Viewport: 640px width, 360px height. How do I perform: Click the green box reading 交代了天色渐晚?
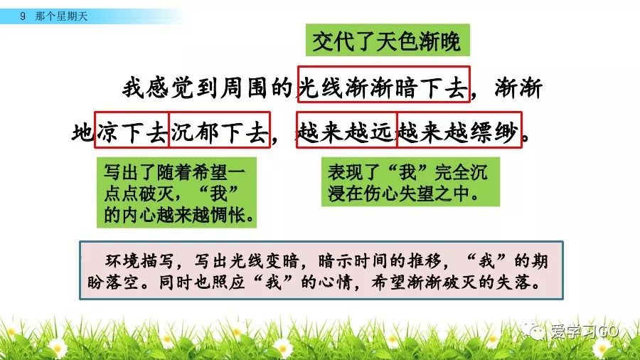coord(388,40)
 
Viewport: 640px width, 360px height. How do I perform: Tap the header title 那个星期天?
coord(61,16)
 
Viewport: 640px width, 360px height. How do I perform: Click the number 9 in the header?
coord(23,16)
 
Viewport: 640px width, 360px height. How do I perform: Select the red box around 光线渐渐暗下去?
coord(384,84)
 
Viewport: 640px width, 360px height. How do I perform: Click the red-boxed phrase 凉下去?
coord(132,129)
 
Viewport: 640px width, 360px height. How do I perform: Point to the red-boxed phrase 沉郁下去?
coord(219,129)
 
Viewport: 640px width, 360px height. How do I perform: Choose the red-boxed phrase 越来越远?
coord(346,129)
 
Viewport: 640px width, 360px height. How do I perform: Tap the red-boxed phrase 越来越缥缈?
coord(459,129)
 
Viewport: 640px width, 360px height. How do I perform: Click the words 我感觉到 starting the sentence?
coord(170,88)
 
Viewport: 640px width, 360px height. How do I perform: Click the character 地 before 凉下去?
coord(83,132)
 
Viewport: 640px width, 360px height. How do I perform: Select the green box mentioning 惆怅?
coord(177,193)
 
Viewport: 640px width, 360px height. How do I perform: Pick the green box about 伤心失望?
coord(410,182)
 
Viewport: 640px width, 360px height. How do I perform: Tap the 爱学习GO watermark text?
coord(584,331)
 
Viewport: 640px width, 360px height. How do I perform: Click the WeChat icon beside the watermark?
coord(533,331)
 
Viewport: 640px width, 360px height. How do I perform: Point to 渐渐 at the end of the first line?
coord(518,88)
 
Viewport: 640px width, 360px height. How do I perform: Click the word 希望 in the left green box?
coord(210,171)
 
